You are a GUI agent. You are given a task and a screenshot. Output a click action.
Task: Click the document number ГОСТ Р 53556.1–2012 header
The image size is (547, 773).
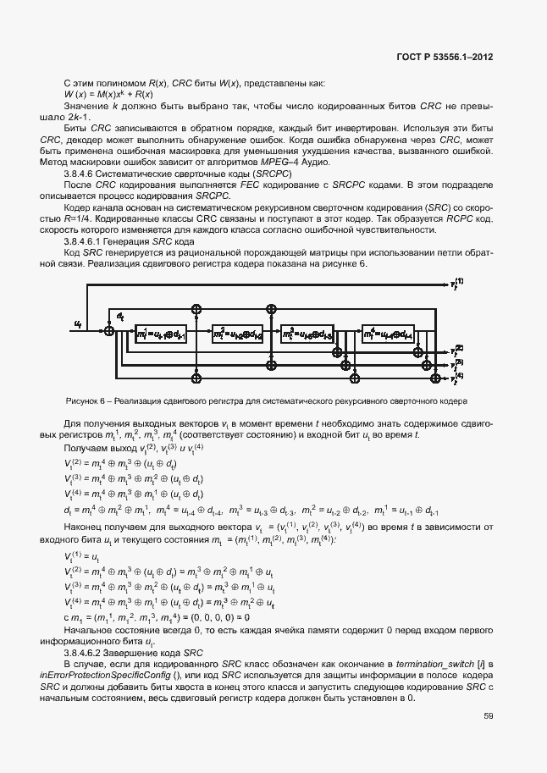coord(445,59)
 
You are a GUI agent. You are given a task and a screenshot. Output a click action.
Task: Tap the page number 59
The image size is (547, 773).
coord(489,715)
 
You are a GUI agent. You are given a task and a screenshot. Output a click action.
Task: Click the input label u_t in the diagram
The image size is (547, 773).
coord(78,323)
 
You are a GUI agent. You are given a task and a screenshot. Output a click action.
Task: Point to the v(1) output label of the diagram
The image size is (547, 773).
coord(457,284)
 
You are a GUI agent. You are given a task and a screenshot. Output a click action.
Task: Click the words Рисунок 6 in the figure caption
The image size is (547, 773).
coord(85,400)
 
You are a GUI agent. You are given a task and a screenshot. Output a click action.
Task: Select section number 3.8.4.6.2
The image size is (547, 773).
coord(89,654)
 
